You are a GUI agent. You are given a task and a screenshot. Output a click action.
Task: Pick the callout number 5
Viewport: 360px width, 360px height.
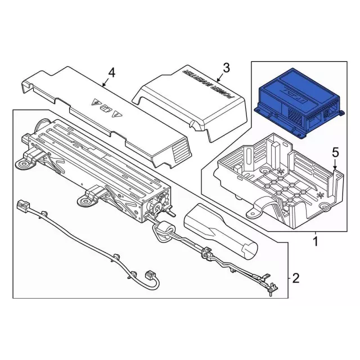(x=335, y=152)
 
